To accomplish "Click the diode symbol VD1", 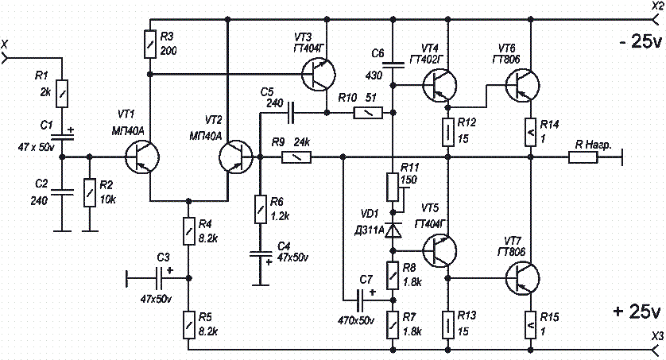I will tap(392, 228).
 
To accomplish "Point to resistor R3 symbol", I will tap(149, 43).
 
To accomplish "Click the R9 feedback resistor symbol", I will tap(295, 157).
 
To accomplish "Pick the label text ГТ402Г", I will tap(428, 59).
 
